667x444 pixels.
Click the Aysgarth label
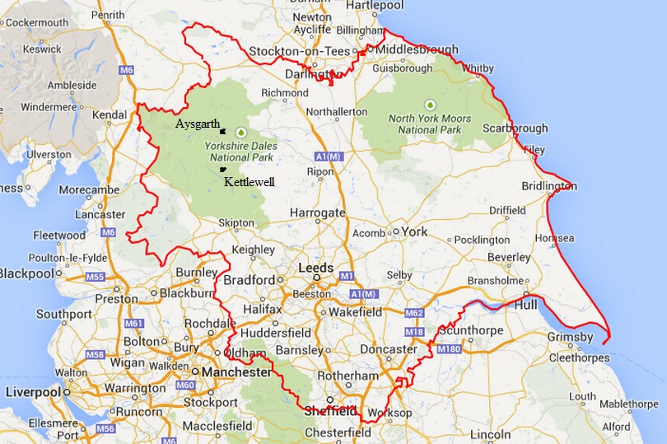coord(198,124)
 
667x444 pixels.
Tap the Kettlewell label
coord(250,181)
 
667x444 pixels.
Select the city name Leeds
coord(316,268)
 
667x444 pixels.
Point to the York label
coord(415,231)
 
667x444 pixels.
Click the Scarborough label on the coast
coord(516,129)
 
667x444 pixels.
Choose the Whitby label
coord(479,68)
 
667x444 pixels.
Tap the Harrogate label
coord(317,213)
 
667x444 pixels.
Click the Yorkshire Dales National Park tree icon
coord(241,131)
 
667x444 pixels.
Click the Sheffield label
coord(330,410)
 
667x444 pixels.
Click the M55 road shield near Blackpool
coord(96,277)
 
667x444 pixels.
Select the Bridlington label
coord(549,186)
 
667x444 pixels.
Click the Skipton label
coord(237,223)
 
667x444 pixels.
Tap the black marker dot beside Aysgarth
coord(222,129)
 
